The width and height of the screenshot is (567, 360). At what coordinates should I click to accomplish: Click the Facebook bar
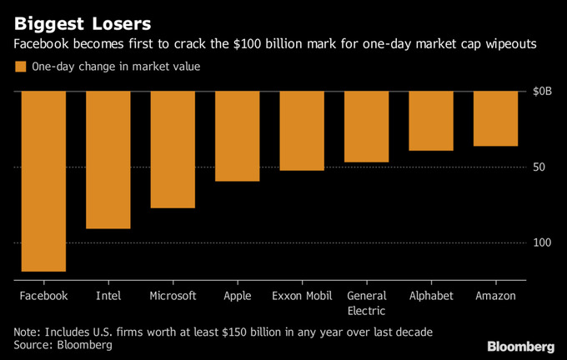click(x=43, y=181)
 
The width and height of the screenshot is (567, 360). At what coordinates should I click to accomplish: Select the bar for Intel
click(x=108, y=159)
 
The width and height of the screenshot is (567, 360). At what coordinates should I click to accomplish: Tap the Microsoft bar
click(x=173, y=149)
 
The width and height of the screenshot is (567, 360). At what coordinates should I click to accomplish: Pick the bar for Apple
click(x=238, y=136)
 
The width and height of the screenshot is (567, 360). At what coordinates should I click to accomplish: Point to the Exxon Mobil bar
click(x=302, y=131)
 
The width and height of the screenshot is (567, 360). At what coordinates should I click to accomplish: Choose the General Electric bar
click(x=366, y=127)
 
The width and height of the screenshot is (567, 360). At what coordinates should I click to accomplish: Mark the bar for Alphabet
click(x=431, y=121)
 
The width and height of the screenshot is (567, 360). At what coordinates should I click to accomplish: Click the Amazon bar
click(x=495, y=118)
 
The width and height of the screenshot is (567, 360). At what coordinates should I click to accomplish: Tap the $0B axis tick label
click(x=542, y=91)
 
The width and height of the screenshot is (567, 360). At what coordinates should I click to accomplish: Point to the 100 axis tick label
click(x=543, y=242)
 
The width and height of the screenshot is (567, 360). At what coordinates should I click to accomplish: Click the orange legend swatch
click(x=20, y=67)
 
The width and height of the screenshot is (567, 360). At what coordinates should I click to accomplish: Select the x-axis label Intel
click(x=108, y=296)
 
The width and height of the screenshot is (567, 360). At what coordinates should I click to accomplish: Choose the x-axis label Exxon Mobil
click(x=302, y=296)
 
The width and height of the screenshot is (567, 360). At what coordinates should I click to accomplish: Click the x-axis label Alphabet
click(x=431, y=296)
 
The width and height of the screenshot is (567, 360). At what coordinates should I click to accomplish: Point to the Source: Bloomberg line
click(x=63, y=345)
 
